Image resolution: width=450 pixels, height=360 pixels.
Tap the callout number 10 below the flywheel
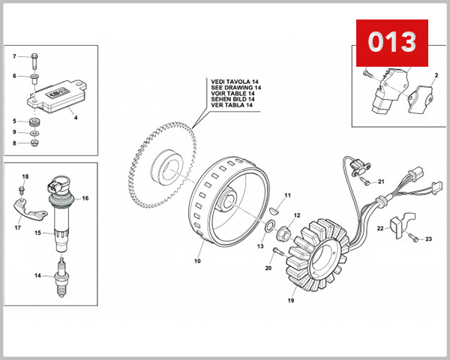pyautogui.click(x=197, y=262)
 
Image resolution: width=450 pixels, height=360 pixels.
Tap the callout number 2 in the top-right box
pyautogui.click(x=434, y=76)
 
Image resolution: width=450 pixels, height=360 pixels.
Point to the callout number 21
pyautogui.click(x=381, y=181)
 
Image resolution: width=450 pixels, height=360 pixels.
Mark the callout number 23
pyautogui.click(x=428, y=239)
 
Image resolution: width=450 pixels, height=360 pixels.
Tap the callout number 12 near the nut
pyautogui.click(x=296, y=215)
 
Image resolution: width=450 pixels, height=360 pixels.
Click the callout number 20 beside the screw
pyautogui.click(x=268, y=268)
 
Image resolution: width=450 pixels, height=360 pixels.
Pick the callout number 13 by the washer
pyautogui.click(x=260, y=246)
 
